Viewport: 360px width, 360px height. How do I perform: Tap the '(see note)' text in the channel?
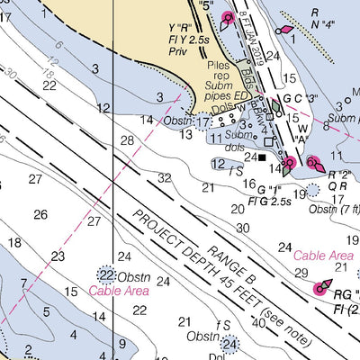284,332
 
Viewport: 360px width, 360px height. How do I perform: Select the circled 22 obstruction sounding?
107,275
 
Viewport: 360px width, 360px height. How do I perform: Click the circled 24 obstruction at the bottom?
231,344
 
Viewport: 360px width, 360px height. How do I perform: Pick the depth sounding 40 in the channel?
259,322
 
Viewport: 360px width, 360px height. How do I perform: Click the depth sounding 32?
164,178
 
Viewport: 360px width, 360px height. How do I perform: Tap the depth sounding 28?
127,140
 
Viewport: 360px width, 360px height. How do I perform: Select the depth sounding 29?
301,273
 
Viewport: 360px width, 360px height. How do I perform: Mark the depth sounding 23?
58,256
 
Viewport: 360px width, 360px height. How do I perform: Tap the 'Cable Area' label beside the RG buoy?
323,256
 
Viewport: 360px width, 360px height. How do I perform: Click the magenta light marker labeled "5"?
227,17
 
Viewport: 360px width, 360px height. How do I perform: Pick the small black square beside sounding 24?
262,158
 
